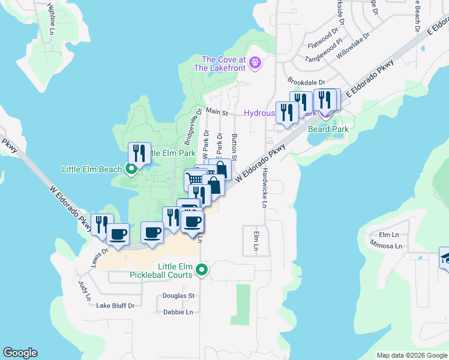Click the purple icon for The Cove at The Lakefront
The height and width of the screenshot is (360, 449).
tap(255, 63)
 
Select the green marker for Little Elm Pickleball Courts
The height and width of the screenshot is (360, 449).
tap(202, 271)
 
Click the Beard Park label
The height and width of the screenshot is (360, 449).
tap(328, 129)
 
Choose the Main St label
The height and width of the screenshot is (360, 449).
tap(217, 112)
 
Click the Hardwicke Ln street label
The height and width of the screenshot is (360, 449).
tap(264, 187)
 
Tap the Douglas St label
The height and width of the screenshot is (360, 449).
tap(179, 296)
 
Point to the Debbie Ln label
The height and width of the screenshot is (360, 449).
tap(178, 312)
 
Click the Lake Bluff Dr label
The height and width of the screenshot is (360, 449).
tap(115, 305)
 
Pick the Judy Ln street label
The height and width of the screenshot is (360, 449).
tap(83, 290)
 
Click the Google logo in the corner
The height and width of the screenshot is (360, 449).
tap(20, 353)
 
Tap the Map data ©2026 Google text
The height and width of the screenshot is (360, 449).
tap(411, 355)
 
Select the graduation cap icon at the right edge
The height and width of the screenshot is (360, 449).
tap(445, 257)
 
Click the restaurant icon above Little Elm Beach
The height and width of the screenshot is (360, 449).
tap(139, 152)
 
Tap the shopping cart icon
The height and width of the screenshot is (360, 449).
tap(194, 179)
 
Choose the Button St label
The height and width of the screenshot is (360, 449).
tap(235, 148)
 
